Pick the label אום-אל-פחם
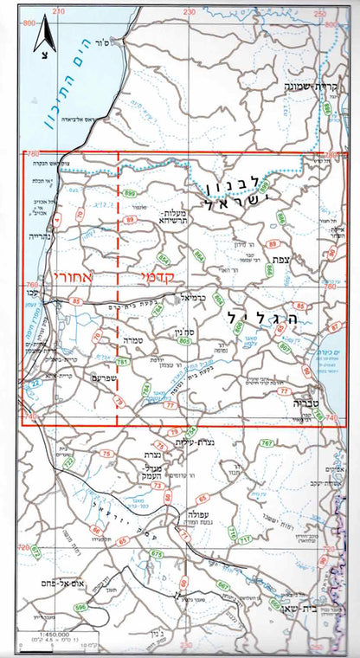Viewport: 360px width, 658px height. [57, 585]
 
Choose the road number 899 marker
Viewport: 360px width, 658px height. [131, 193]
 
